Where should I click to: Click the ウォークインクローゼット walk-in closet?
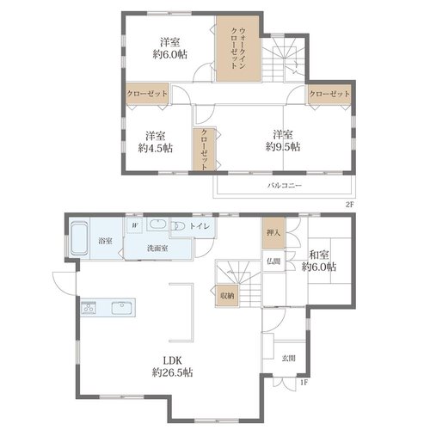238,48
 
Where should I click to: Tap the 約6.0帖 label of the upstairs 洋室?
170,54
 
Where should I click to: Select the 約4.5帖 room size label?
156,148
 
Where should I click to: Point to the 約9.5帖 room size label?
283,147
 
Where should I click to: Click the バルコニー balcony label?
285,185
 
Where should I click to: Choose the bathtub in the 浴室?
79,239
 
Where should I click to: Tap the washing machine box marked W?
135,225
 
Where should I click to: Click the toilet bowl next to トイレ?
178,226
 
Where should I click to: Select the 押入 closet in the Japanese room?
274,233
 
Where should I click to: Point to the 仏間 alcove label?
273,261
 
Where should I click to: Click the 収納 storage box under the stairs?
227,295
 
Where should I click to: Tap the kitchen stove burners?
89,308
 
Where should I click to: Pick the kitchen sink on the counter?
121,308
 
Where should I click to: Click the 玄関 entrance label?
289,358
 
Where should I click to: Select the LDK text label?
173,360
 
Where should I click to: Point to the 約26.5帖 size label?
173,372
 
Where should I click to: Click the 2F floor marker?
350,205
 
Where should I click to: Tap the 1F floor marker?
304,383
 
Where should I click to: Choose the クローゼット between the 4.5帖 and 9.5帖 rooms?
204,149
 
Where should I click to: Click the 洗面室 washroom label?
157,249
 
